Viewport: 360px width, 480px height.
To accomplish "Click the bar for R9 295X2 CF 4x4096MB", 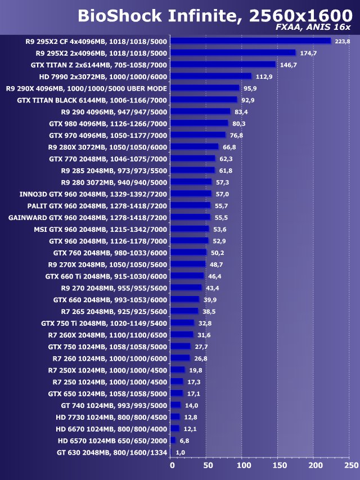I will tap(250, 41).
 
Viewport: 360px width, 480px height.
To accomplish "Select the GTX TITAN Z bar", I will tap(223, 65).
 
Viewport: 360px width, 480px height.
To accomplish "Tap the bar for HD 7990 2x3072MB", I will tap(210, 77).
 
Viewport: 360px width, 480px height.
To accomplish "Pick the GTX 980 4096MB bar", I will tap(199, 123).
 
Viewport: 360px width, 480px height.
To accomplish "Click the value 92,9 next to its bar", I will tap(248, 100).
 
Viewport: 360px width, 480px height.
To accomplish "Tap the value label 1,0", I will tap(181, 452).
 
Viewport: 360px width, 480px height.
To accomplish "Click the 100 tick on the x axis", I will tap(244, 465).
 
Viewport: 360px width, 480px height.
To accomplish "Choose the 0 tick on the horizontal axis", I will tap(172, 465).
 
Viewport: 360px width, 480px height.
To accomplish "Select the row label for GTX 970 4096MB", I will tap(108, 135).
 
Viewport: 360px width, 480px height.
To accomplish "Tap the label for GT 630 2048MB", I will tap(112, 452).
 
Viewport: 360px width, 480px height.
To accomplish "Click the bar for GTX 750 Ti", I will tap(182, 323).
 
